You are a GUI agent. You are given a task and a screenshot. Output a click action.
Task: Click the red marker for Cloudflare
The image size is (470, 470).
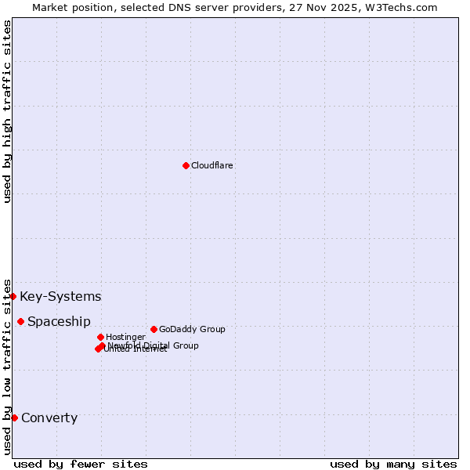pos(186,165)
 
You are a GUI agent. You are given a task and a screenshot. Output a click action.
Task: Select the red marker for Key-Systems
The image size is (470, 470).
pos(13,296)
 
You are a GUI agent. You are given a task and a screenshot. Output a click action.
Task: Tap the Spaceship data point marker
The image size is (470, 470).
pos(20,321)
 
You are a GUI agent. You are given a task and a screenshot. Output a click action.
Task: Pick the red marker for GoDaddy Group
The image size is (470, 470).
pos(154,329)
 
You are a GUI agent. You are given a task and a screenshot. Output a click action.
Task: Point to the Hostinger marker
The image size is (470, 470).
pos(100,337)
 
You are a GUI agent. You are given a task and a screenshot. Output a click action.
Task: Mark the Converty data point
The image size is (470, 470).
pos(14,418)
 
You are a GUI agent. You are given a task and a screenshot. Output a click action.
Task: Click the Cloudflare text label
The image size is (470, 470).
pos(212,165)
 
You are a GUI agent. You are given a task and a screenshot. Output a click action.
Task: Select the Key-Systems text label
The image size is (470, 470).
pos(60,296)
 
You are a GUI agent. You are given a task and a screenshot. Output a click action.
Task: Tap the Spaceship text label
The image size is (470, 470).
pos(59,321)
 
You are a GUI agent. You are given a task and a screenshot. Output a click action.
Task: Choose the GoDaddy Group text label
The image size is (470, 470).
pos(192,329)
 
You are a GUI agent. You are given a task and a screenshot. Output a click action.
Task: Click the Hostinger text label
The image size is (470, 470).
pos(125,337)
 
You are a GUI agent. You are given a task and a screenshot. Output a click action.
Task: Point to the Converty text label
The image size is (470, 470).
pos(49,418)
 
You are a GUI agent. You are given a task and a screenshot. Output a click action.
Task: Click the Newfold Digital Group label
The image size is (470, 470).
pos(154,345)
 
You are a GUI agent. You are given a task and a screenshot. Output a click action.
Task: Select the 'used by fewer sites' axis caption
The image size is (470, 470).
pos(81,464)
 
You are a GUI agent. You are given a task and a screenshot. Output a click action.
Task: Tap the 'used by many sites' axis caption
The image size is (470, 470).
pos(393,464)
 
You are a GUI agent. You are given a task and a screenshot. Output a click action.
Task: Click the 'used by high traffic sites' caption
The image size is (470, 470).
pos(7,111)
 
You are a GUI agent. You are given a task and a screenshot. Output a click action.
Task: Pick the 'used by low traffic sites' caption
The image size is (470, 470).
pos(7,367)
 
